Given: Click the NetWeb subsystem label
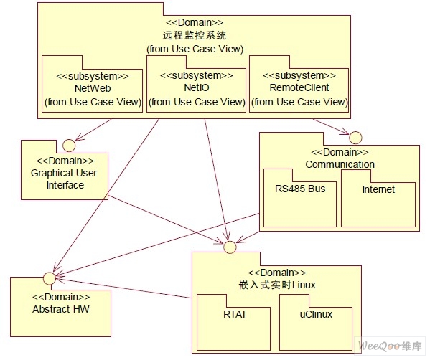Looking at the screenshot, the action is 93,88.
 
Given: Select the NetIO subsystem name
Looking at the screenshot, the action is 197,87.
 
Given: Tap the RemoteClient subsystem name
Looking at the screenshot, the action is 299,87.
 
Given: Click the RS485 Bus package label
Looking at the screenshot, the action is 300,189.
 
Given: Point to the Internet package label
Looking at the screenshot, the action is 378,189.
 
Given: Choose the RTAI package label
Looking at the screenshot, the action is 234,314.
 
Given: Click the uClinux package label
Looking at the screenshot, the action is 316,314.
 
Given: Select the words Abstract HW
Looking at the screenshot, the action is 61,309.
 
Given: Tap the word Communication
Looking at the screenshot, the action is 340,164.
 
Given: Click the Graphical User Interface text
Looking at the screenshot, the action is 64,179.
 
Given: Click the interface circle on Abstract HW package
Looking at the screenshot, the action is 50,278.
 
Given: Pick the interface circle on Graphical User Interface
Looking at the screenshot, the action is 69,145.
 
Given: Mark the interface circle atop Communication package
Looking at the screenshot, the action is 355,138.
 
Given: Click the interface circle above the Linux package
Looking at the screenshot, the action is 230,247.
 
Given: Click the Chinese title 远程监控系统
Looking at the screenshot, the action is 195,36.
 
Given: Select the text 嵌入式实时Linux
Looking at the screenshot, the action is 277,285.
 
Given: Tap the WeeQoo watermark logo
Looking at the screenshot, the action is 390,346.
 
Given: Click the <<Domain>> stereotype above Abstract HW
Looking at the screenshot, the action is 61,297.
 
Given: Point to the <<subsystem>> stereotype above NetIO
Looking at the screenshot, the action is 197,75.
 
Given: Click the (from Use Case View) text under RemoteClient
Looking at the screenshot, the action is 299,102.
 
